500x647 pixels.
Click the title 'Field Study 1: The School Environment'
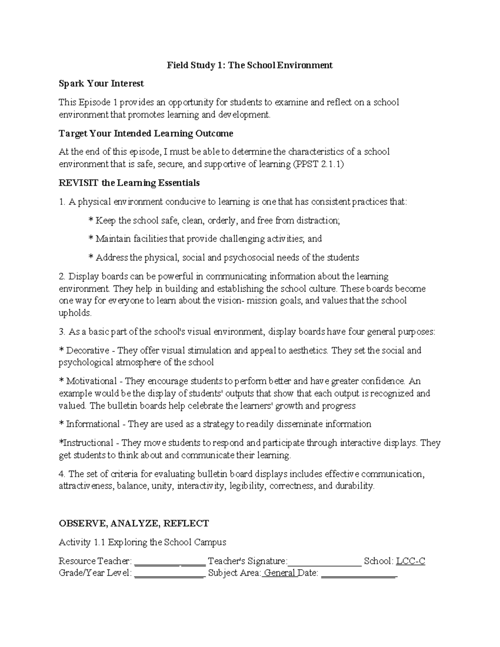(250, 65)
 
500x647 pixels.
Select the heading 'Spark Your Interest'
(101, 83)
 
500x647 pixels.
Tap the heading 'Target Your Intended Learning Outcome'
(146, 133)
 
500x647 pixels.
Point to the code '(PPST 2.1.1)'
(319, 164)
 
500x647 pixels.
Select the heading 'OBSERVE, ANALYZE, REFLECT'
(134, 523)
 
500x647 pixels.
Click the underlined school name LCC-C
(410, 561)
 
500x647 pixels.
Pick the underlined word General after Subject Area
(280, 573)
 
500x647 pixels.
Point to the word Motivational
(91, 381)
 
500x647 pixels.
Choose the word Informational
(93, 424)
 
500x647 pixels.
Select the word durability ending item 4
(354, 486)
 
